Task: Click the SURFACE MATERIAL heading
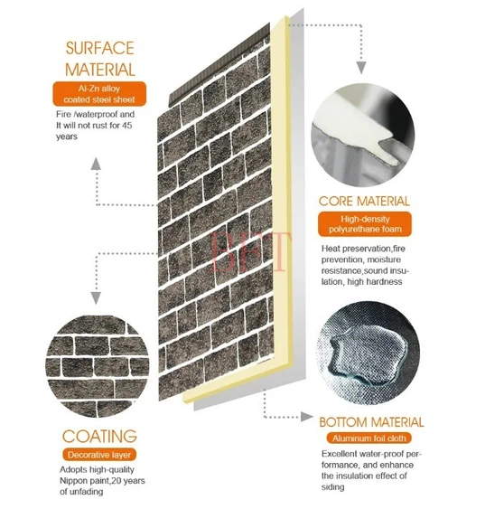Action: coord(98,58)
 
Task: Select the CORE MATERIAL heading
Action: coord(365,201)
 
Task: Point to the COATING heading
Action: coord(99,435)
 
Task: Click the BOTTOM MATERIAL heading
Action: coord(371,422)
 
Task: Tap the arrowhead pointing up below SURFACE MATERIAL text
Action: coord(97,164)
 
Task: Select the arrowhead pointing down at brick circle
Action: coord(97,297)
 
